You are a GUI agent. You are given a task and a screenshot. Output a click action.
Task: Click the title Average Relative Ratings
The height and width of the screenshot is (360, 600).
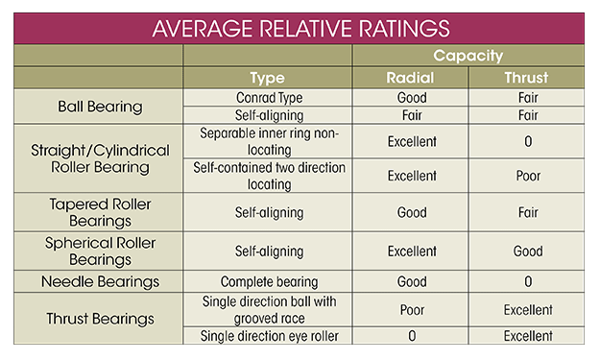(x=300, y=28)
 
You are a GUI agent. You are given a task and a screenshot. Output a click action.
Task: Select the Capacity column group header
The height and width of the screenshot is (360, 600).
(x=468, y=56)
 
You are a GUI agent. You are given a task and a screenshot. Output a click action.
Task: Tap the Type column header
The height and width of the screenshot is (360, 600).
(x=267, y=78)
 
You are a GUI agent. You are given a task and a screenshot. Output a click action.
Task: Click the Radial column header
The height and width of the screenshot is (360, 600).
(x=410, y=78)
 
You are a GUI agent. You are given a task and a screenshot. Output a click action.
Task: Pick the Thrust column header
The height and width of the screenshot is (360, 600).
(x=527, y=78)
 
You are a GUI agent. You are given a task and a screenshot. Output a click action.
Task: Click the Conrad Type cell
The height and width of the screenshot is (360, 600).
(x=267, y=97)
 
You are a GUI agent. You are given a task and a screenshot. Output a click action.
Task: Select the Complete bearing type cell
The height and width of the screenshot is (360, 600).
(x=267, y=282)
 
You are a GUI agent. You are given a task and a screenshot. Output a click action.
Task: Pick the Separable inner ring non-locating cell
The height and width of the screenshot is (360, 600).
(x=267, y=141)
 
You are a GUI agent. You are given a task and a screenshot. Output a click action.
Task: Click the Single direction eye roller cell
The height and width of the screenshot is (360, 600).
(x=267, y=336)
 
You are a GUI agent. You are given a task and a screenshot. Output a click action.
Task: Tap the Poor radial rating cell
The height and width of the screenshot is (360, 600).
(x=410, y=310)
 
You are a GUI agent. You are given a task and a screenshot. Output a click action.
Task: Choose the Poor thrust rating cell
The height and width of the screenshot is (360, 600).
(x=527, y=176)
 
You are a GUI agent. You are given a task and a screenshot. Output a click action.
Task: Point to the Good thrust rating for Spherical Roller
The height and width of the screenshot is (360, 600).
(x=527, y=251)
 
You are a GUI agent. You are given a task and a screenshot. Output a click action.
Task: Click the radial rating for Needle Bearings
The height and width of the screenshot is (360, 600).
(x=410, y=282)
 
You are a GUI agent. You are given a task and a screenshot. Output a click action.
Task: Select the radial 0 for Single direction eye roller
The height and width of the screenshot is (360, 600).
(x=410, y=336)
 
